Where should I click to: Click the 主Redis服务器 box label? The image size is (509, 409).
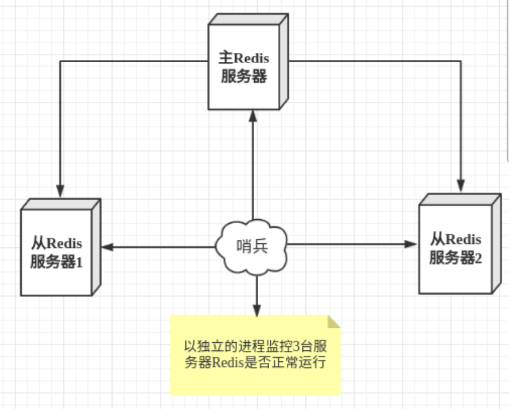click(244, 67)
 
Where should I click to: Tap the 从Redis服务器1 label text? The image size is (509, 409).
click(57, 252)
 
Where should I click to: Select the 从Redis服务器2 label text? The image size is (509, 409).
click(456, 248)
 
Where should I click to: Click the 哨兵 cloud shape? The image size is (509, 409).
click(252, 247)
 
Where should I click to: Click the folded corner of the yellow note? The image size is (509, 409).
click(334, 321)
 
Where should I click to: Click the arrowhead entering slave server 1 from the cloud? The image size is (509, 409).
click(108, 247)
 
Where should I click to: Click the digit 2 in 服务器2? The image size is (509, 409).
click(479, 258)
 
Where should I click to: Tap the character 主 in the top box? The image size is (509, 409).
click(225, 58)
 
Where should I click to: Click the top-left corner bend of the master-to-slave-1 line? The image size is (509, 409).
click(60, 59)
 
